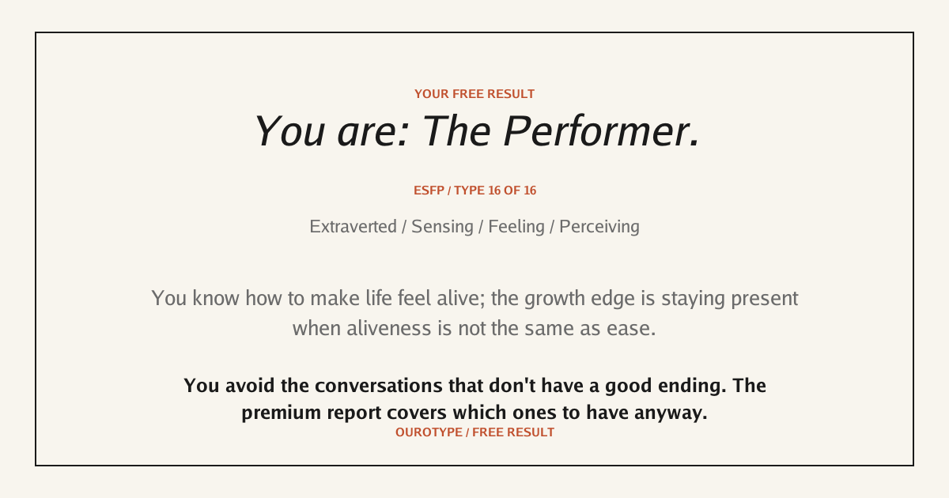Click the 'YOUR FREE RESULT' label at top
(475, 94)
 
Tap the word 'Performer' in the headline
(602, 132)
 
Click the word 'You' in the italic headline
(289, 132)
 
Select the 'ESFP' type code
(429, 191)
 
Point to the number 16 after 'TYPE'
(494, 191)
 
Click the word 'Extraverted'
(354, 227)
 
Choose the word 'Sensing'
(442, 227)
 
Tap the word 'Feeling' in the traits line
(516, 227)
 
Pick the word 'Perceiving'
(599, 227)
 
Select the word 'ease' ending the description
(631, 329)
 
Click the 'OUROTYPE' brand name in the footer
(429, 432)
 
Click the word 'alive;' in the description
(460, 298)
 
